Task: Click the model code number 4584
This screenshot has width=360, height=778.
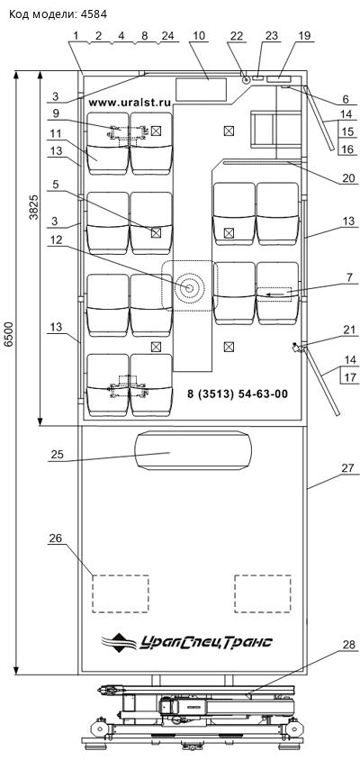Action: [x=94, y=14]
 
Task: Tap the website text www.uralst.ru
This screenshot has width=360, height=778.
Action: [x=130, y=103]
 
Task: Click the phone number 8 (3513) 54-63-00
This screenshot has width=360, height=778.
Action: [x=238, y=394]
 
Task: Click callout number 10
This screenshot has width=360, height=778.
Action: [x=199, y=36]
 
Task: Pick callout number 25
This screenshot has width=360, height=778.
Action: [x=57, y=455]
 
